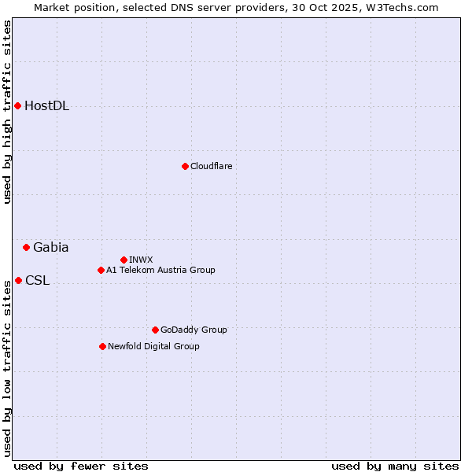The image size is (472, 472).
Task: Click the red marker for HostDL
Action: (x=17, y=105)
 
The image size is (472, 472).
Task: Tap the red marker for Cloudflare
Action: (x=185, y=166)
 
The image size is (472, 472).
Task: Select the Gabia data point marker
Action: (x=26, y=247)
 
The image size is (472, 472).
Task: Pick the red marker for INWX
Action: (x=124, y=260)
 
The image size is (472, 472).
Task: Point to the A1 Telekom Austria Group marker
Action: (x=101, y=270)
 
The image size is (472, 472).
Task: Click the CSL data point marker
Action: (x=18, y=280)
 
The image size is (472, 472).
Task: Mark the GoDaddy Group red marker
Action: (x=155, y=330)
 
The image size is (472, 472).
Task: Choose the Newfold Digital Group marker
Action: (x=102, y=346)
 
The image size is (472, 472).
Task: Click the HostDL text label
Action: (x=46, y=106)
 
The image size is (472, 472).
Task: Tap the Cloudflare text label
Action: (x=211, y=166)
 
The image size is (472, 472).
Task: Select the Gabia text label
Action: (x=50, y=247)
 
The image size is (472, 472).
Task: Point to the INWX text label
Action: (x=141, y=260)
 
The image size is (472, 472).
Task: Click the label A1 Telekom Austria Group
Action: (x=160, y=270)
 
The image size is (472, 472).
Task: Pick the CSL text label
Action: (x=37, y=280)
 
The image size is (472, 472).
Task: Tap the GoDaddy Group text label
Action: (x=193, y=330)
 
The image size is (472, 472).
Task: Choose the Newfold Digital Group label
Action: (x=153, y=346)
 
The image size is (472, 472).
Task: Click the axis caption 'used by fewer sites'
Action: (x=81, y=466)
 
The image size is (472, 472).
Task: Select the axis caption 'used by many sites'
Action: (x=395, y=466)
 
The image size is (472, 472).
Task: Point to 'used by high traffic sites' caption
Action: (x=7, y=112)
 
